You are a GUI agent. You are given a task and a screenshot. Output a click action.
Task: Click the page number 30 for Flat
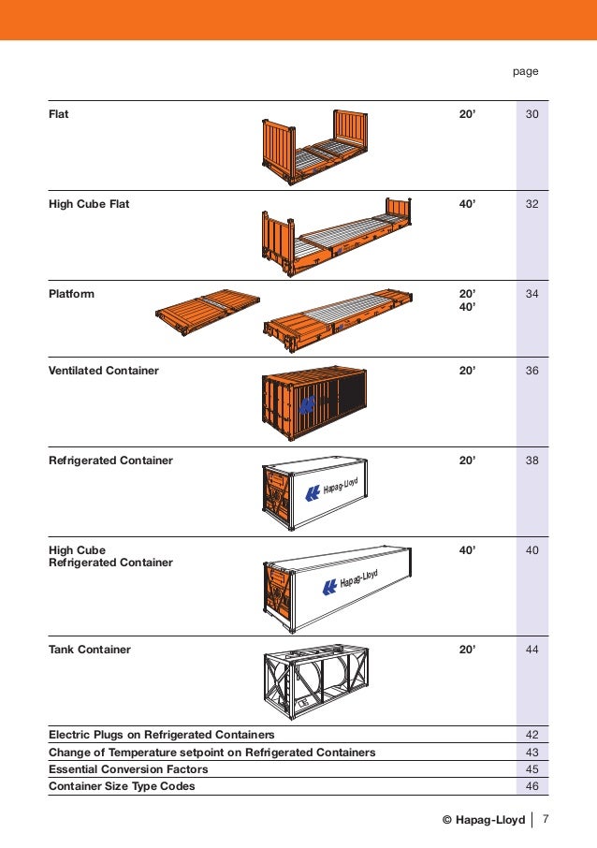(x=531, y=114)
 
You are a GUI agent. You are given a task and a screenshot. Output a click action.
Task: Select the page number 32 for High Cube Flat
(x=531, y=204)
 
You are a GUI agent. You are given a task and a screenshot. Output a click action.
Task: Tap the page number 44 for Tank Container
(x=531, y=650)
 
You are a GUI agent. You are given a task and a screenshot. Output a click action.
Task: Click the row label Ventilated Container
(x=104, y=371)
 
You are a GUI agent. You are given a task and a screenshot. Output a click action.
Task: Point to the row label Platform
(x=71, y=294)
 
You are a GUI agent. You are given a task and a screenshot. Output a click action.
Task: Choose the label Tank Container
(x=90, y=650)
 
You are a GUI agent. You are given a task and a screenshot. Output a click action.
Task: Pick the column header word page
(x=525, y=71)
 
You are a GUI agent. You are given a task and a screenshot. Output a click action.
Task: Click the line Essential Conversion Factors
(x=128, y=769)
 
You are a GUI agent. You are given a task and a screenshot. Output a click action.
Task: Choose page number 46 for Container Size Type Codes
(x=531, y=786)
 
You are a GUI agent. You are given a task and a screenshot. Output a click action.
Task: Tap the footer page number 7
(x=546, y=821)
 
